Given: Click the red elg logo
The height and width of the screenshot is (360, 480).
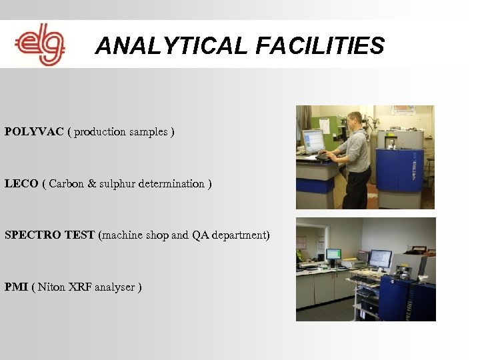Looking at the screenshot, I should coord(40,45).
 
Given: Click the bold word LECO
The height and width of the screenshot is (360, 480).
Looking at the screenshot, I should coord(21,183).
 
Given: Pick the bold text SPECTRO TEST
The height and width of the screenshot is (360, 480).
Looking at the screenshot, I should coord(49,235).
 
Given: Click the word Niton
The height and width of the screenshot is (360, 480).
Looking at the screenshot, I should coord(51,287).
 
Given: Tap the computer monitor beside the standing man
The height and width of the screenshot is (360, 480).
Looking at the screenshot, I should coord(313,141).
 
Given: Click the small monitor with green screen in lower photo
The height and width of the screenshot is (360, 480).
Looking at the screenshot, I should coord(333,255).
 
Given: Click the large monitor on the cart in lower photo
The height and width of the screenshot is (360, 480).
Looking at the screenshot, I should coord(380,258).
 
